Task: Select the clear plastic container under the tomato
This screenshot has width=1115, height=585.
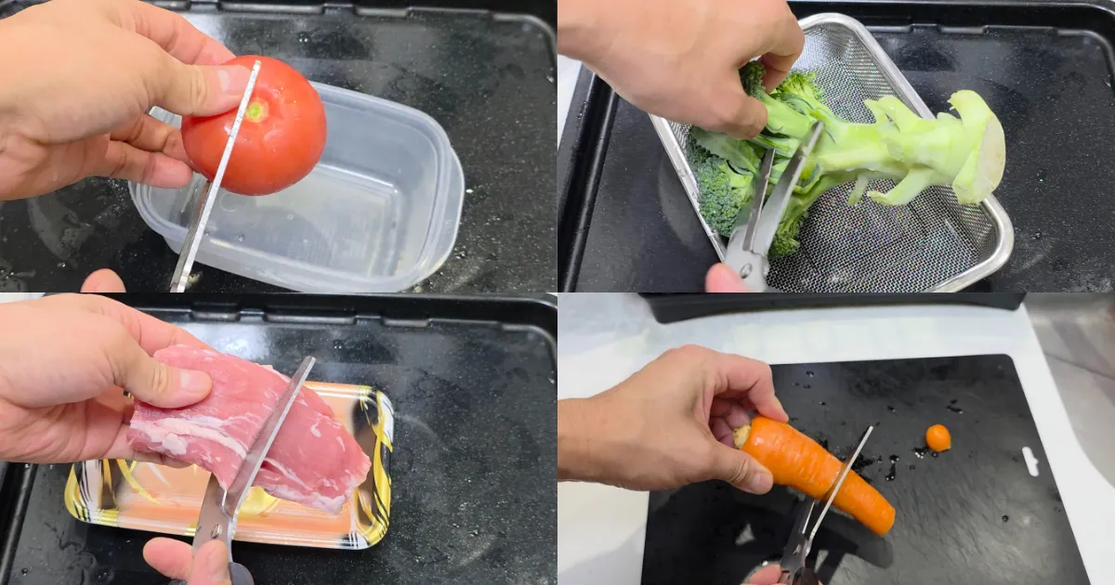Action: [372, 214]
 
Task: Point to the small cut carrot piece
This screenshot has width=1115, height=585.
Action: [938, 437]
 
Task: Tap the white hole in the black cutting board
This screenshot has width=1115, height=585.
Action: [1030, 461]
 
